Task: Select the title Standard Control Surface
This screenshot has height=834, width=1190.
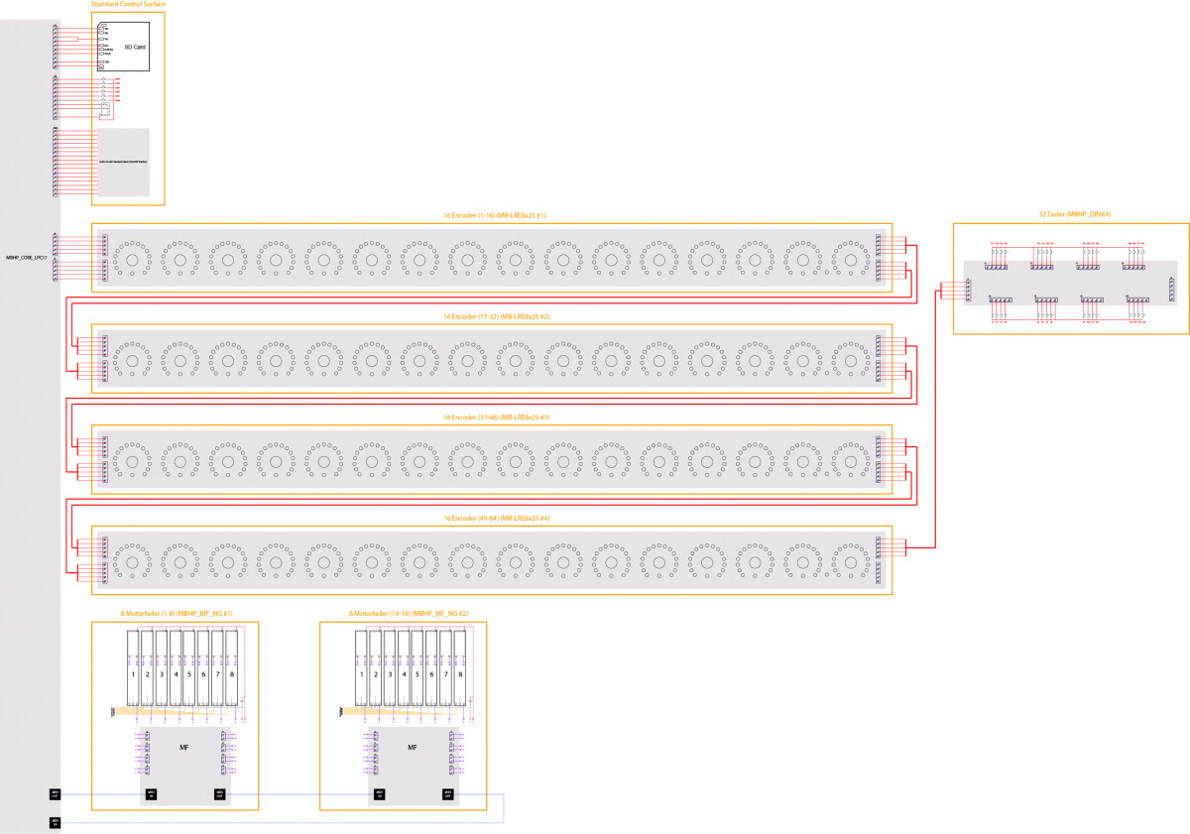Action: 128,5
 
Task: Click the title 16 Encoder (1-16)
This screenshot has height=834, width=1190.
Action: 495,215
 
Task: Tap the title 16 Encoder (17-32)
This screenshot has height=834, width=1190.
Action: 496,316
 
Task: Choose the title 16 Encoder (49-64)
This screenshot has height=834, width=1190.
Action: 496,518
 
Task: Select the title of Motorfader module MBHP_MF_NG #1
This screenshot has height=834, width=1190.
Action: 177,614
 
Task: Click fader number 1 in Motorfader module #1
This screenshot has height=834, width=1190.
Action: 133,674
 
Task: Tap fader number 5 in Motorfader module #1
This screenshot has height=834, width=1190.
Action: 189,674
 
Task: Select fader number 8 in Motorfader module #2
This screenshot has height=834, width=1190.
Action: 460,674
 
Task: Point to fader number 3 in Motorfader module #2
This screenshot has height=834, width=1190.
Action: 390,674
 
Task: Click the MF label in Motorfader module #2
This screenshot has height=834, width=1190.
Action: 412,747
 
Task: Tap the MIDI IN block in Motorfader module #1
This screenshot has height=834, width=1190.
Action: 152,793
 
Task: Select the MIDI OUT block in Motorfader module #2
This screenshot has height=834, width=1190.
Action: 448,793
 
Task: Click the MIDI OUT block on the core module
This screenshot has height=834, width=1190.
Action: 55,793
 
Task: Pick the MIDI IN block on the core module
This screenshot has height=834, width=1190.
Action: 55,822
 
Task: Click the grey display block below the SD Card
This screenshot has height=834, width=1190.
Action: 123,162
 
